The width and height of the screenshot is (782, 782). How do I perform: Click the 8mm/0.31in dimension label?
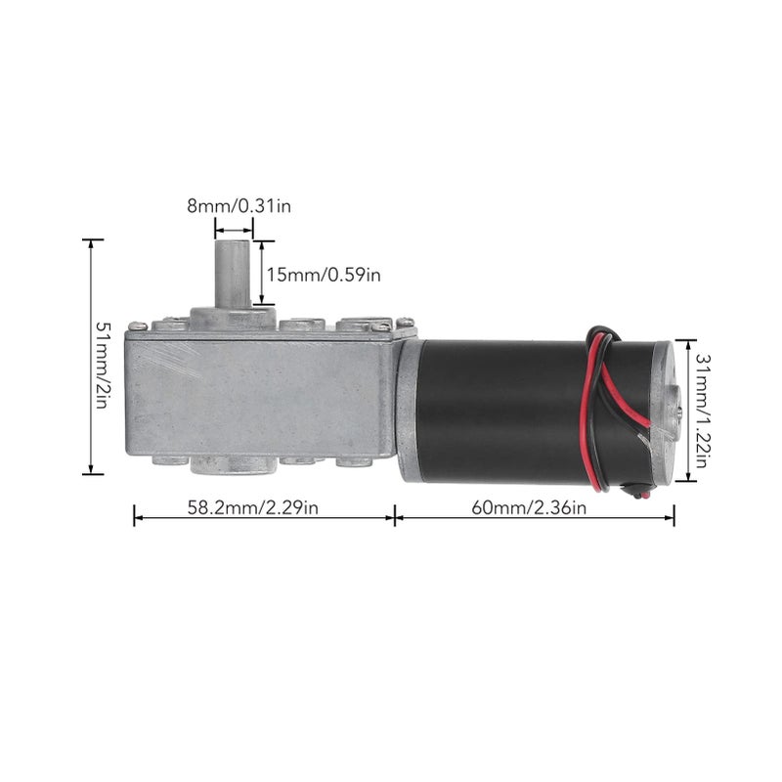239,206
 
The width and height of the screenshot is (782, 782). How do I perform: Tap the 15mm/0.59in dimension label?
324,275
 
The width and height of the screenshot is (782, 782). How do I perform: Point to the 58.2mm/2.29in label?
253,507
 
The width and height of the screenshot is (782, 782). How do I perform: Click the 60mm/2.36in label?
529,508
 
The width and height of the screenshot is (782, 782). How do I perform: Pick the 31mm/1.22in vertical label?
702,411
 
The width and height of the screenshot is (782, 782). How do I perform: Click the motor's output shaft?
233,274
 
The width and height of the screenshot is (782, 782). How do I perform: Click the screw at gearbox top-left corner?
138,326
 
